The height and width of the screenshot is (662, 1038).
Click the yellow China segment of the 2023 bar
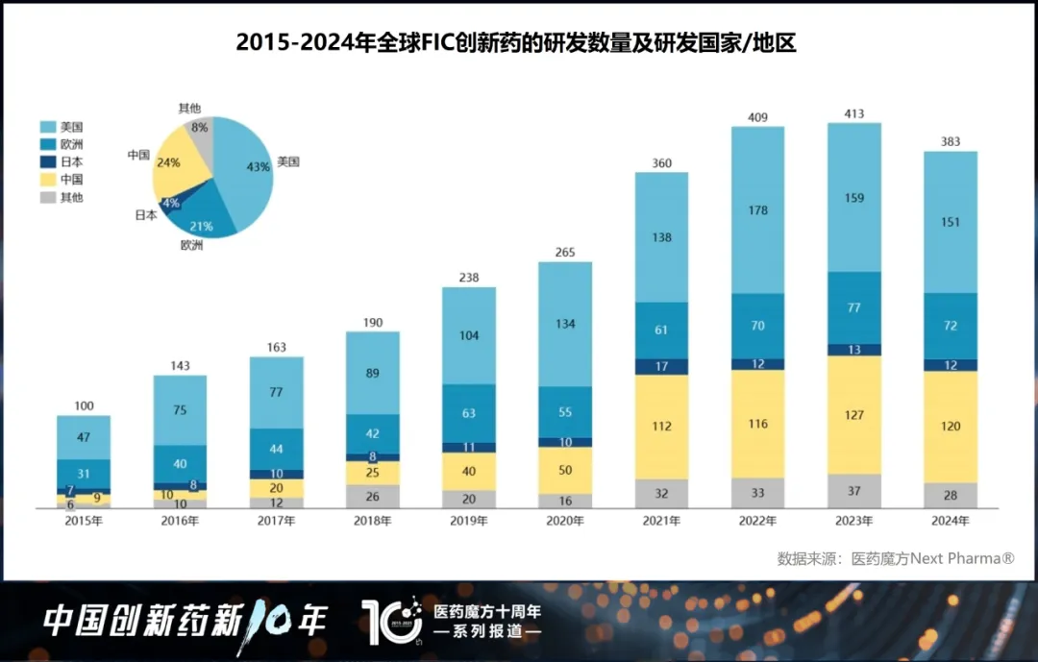853,415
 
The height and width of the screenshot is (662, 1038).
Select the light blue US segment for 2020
565,324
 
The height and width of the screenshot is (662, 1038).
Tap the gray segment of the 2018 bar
372,496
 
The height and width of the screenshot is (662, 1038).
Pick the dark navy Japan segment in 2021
661,366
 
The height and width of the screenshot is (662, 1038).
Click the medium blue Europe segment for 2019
469,414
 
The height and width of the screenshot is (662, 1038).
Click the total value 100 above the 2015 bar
84,406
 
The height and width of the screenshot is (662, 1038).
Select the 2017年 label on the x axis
276,521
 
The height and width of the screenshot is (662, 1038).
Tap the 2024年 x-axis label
950,521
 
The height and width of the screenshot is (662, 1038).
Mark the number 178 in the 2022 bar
757,209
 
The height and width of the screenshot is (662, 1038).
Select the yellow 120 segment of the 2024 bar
950,427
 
